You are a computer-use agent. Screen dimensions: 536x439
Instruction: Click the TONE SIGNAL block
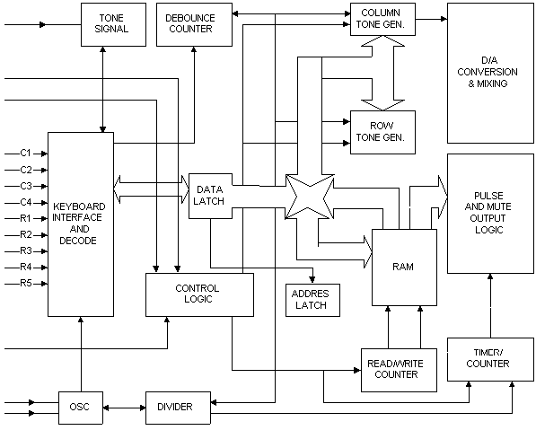(x=113, y=24)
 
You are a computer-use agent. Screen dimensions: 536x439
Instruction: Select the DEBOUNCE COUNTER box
(x=194, y=24)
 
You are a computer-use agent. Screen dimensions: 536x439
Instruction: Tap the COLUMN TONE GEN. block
(x=382, y=19)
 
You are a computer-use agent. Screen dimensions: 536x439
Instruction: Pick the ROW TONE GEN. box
(x=382, y=132)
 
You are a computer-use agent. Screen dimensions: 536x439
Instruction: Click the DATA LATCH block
(x=211, y=196)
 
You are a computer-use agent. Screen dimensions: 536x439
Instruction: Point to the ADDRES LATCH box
(x=312, y=300)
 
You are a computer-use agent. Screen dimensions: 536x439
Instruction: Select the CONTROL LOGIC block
(x=199, y=294)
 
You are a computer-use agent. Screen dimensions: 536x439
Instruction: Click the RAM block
(x=404, y=267)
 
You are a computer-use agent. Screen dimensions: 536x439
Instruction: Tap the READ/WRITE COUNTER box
(x=399, y=370)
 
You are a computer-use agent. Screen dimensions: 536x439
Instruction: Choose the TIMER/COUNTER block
(x=490, y=359)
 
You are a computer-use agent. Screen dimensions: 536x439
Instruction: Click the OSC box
(x=81, y=408)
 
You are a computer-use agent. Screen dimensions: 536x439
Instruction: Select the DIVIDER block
(x=178, y=408)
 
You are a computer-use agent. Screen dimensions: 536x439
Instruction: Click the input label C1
(x=26, y=153)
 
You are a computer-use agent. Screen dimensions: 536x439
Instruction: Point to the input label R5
(x=26, y=283)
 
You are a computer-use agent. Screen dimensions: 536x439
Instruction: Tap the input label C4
(x=26, y=202)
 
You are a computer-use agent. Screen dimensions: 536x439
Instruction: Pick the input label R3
(x=26, y=251)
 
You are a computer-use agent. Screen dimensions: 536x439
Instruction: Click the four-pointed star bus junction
(x=310, y=197)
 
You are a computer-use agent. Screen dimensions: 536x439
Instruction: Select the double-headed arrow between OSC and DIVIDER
(x=124, y=408)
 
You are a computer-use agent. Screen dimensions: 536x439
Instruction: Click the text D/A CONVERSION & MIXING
(x=488, y=72)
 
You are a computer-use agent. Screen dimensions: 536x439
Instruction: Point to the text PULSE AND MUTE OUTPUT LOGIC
(x=488, y=213)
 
